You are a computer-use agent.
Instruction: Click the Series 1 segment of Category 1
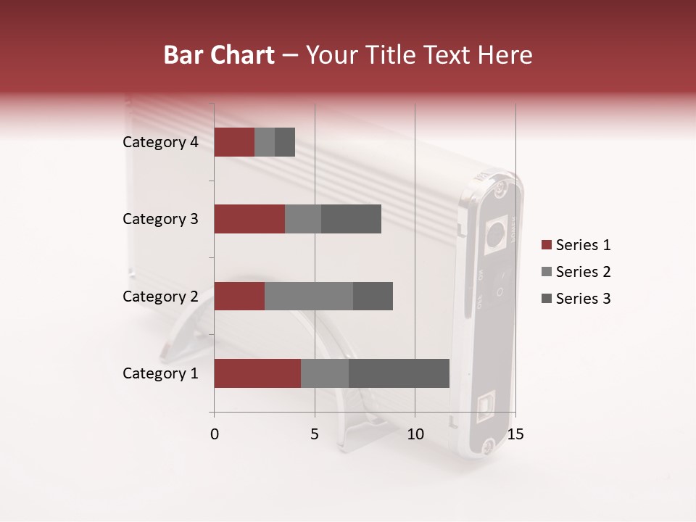tap(257, 373)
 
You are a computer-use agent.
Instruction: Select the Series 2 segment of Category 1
tap(325, 373)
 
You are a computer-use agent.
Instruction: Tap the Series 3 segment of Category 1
tap(399, 373)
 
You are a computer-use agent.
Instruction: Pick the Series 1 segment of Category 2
tap(239, 296)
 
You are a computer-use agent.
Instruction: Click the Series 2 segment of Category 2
tap(309, 296)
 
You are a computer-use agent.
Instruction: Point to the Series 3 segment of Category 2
tap(373, 296)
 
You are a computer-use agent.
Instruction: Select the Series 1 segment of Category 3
tap(249, 219)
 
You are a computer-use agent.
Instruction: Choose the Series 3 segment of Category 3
tap(351, 219)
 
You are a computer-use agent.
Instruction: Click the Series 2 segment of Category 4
tap(265, 142)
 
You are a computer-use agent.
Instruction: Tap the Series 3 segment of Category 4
tap(285, 142)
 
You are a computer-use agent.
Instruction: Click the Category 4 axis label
tap(160, 142)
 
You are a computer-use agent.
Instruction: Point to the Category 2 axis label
tap(160, 296)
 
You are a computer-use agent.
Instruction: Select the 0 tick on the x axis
tap(215, 434)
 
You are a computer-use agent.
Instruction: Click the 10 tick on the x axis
tap(415, 434)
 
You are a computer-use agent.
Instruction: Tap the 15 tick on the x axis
tap(515, 434)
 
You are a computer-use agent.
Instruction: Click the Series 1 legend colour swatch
tap(546, 245)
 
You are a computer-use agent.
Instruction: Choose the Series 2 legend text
tap(583, 272)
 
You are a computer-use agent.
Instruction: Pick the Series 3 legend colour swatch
tap(546, 299)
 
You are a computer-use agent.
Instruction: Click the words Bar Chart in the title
tap(219, 54)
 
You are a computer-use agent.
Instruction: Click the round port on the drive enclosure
tap(495, 233)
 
